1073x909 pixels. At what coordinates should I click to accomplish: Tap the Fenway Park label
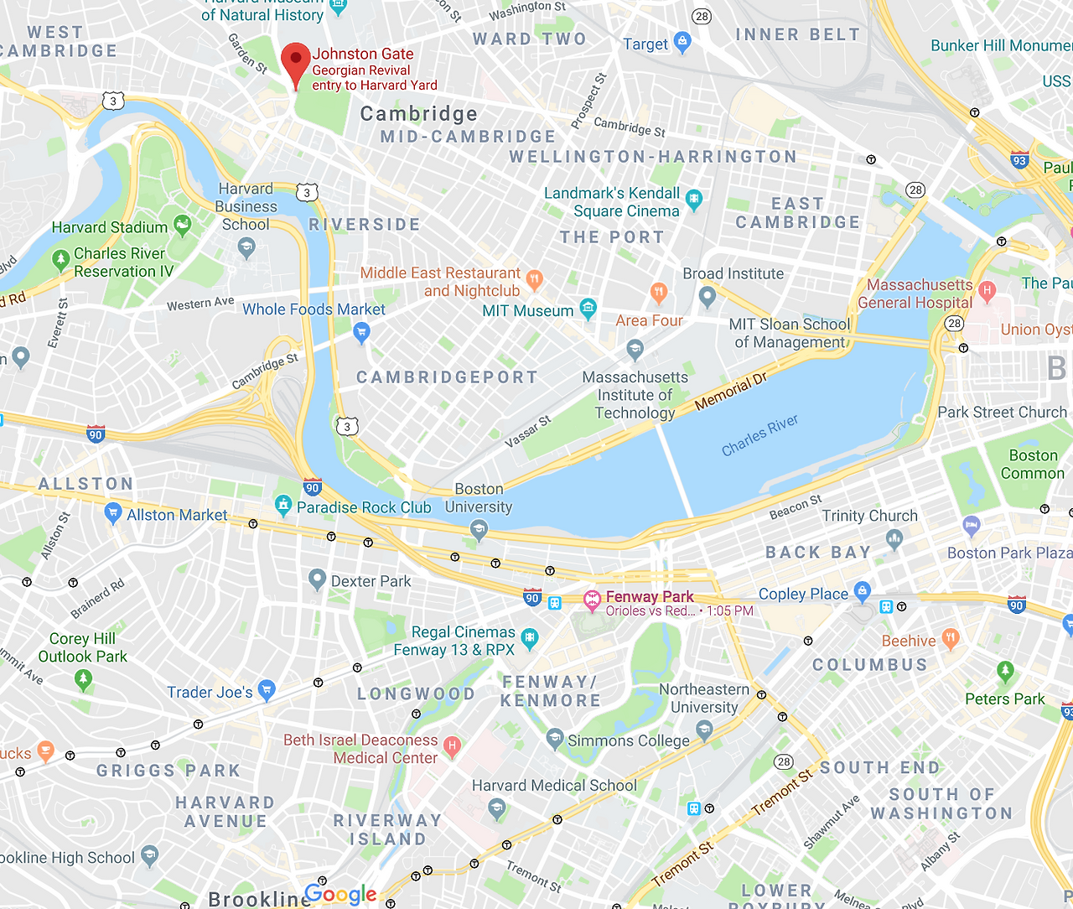(x=649, y=597)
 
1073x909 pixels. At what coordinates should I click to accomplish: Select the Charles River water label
(x=759, y=435)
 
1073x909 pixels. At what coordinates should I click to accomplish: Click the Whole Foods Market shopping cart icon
(x=361, y=333)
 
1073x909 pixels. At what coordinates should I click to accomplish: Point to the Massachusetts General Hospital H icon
(x=987, y=291)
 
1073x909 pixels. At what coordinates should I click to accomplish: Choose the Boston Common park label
(x=1032, y=464)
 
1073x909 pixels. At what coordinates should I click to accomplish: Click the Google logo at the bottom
(x=340, y=894)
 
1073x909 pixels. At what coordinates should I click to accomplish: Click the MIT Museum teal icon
(x=588, y=309)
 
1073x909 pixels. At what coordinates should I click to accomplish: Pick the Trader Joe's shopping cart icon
(x=267, y=690)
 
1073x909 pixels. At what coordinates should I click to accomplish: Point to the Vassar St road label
(x=528, y=431)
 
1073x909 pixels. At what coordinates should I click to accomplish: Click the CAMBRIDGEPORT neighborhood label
(x=447, y=377)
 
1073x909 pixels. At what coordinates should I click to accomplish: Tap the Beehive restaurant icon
(x=950, y=638)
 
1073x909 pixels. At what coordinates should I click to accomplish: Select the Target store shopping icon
(x=682, y=42)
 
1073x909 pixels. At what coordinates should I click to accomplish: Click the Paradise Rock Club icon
(x=283, y=505)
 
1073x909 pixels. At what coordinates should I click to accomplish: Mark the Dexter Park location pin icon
(x=317, y=579)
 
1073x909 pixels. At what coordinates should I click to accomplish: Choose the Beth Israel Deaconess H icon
(x=452, y=745)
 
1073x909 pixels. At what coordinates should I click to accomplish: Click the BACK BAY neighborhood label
(x=818, y=552)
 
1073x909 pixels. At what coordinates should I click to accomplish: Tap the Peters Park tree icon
(x=1005, y=672)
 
